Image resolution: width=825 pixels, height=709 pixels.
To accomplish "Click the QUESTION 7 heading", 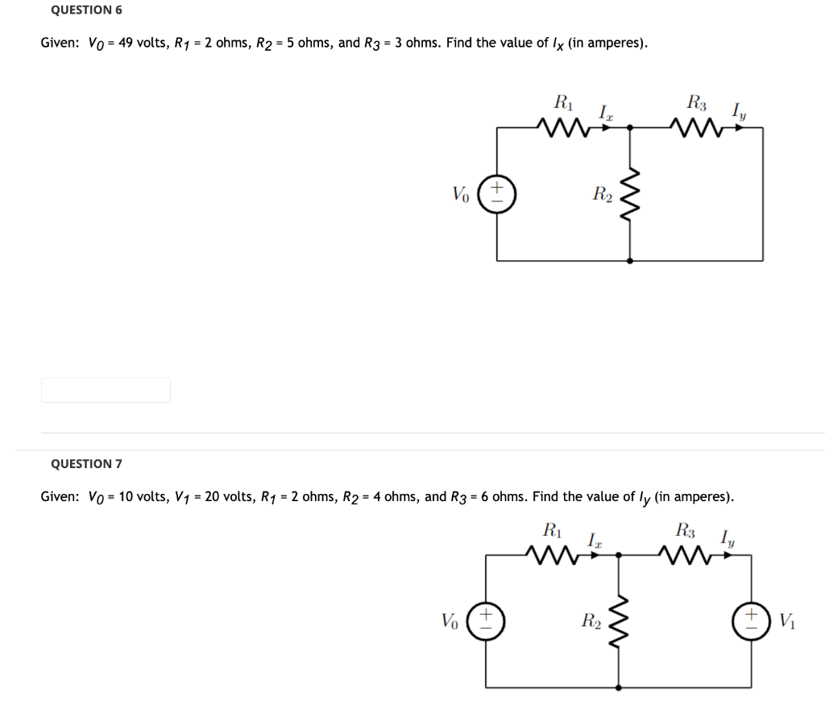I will tap(86, 464).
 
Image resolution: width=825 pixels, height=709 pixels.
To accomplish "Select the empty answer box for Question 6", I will tap(106, 390).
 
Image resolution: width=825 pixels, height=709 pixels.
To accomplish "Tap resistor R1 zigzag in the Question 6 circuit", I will tap(562, 126).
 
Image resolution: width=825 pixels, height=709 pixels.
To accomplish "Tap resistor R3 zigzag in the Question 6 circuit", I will tap(695, 126).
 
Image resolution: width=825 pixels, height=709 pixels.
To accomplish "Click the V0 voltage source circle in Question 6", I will tap(496, 194).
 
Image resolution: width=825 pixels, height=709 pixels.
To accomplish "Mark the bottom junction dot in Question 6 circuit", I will tap(629, 261).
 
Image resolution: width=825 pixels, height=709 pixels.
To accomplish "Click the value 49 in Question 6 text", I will tap(126, 43).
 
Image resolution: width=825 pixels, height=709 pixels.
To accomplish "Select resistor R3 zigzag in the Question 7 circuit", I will tap(685, 554).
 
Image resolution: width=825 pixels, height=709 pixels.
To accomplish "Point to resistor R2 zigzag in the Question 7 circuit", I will tap(618, 621).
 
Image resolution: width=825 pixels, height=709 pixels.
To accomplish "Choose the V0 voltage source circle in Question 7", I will tap(486, 621).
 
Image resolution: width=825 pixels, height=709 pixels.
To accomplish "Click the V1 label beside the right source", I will tap(787, 621).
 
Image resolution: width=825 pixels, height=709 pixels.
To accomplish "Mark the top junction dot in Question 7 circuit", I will tap(618, 554).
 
